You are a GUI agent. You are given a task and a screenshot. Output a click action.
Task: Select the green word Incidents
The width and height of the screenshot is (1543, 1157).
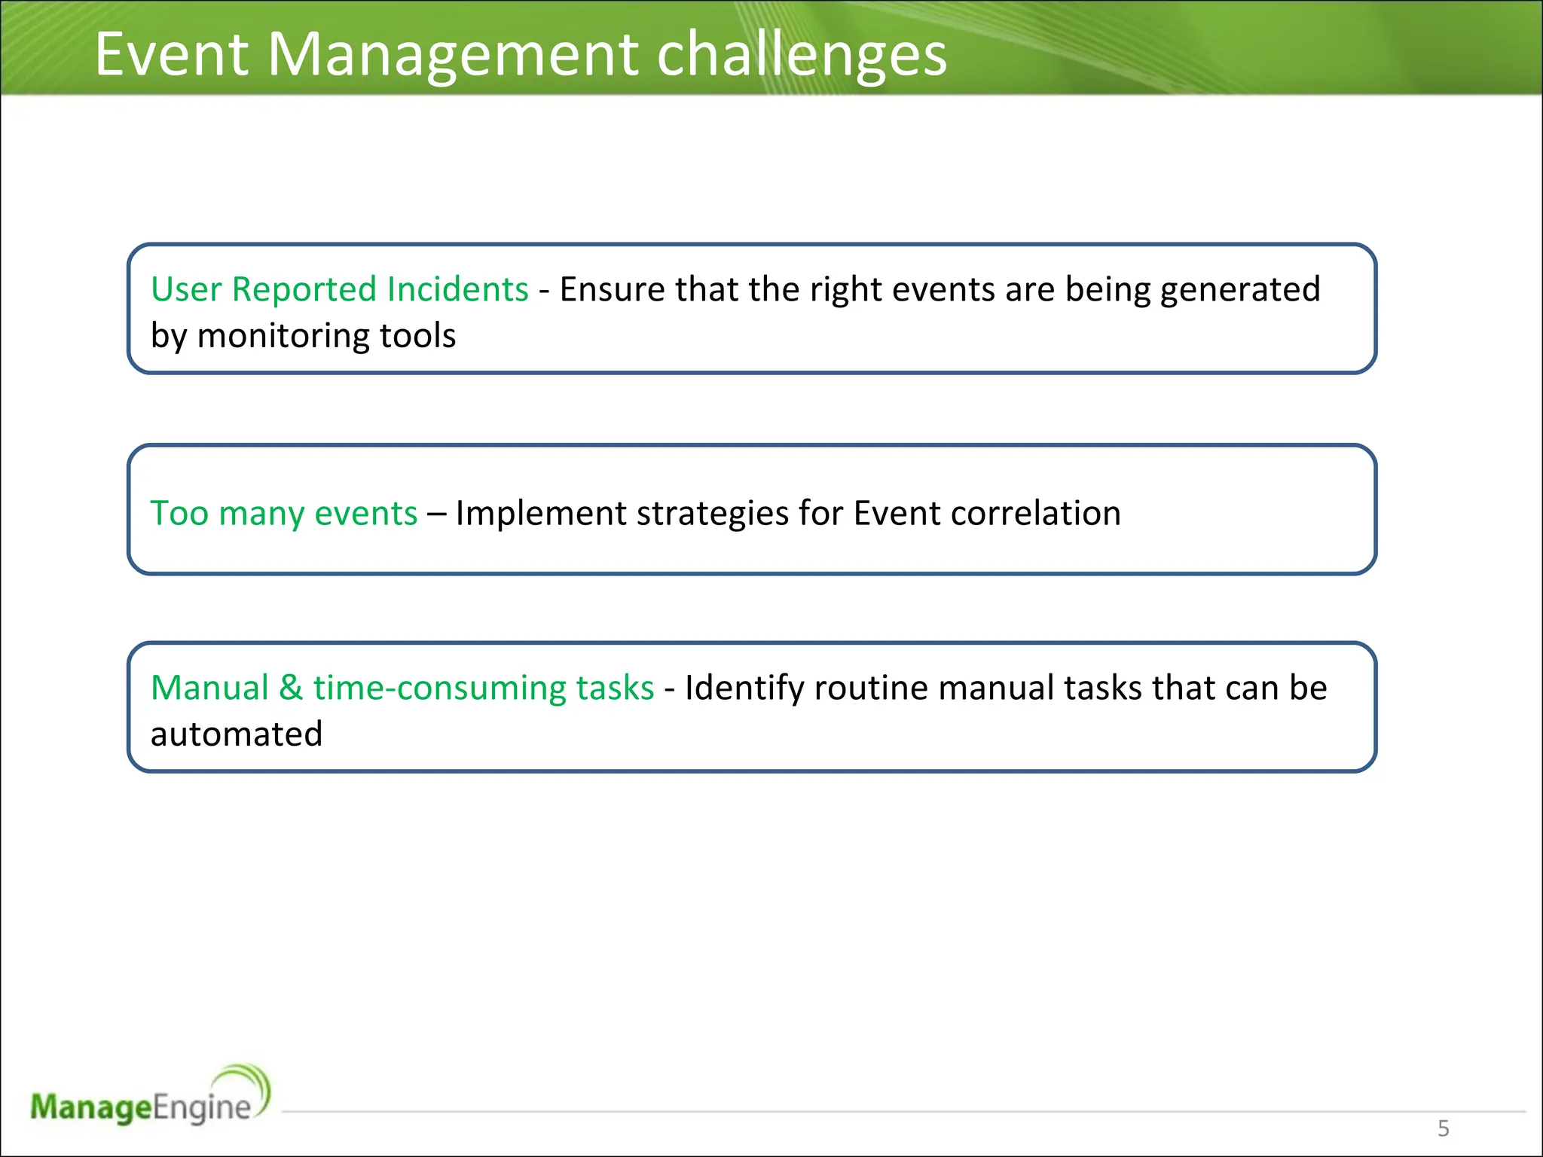click(457, 289)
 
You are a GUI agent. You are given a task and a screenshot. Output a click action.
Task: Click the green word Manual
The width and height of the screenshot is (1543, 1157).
click(209, 688)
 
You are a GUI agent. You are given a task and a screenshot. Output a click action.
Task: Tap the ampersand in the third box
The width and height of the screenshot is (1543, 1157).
click(291, 688)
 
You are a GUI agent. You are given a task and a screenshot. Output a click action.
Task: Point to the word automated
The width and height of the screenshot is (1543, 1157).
click(237, 734)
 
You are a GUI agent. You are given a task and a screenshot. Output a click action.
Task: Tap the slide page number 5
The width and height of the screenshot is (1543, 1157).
click(1443, 1128)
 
